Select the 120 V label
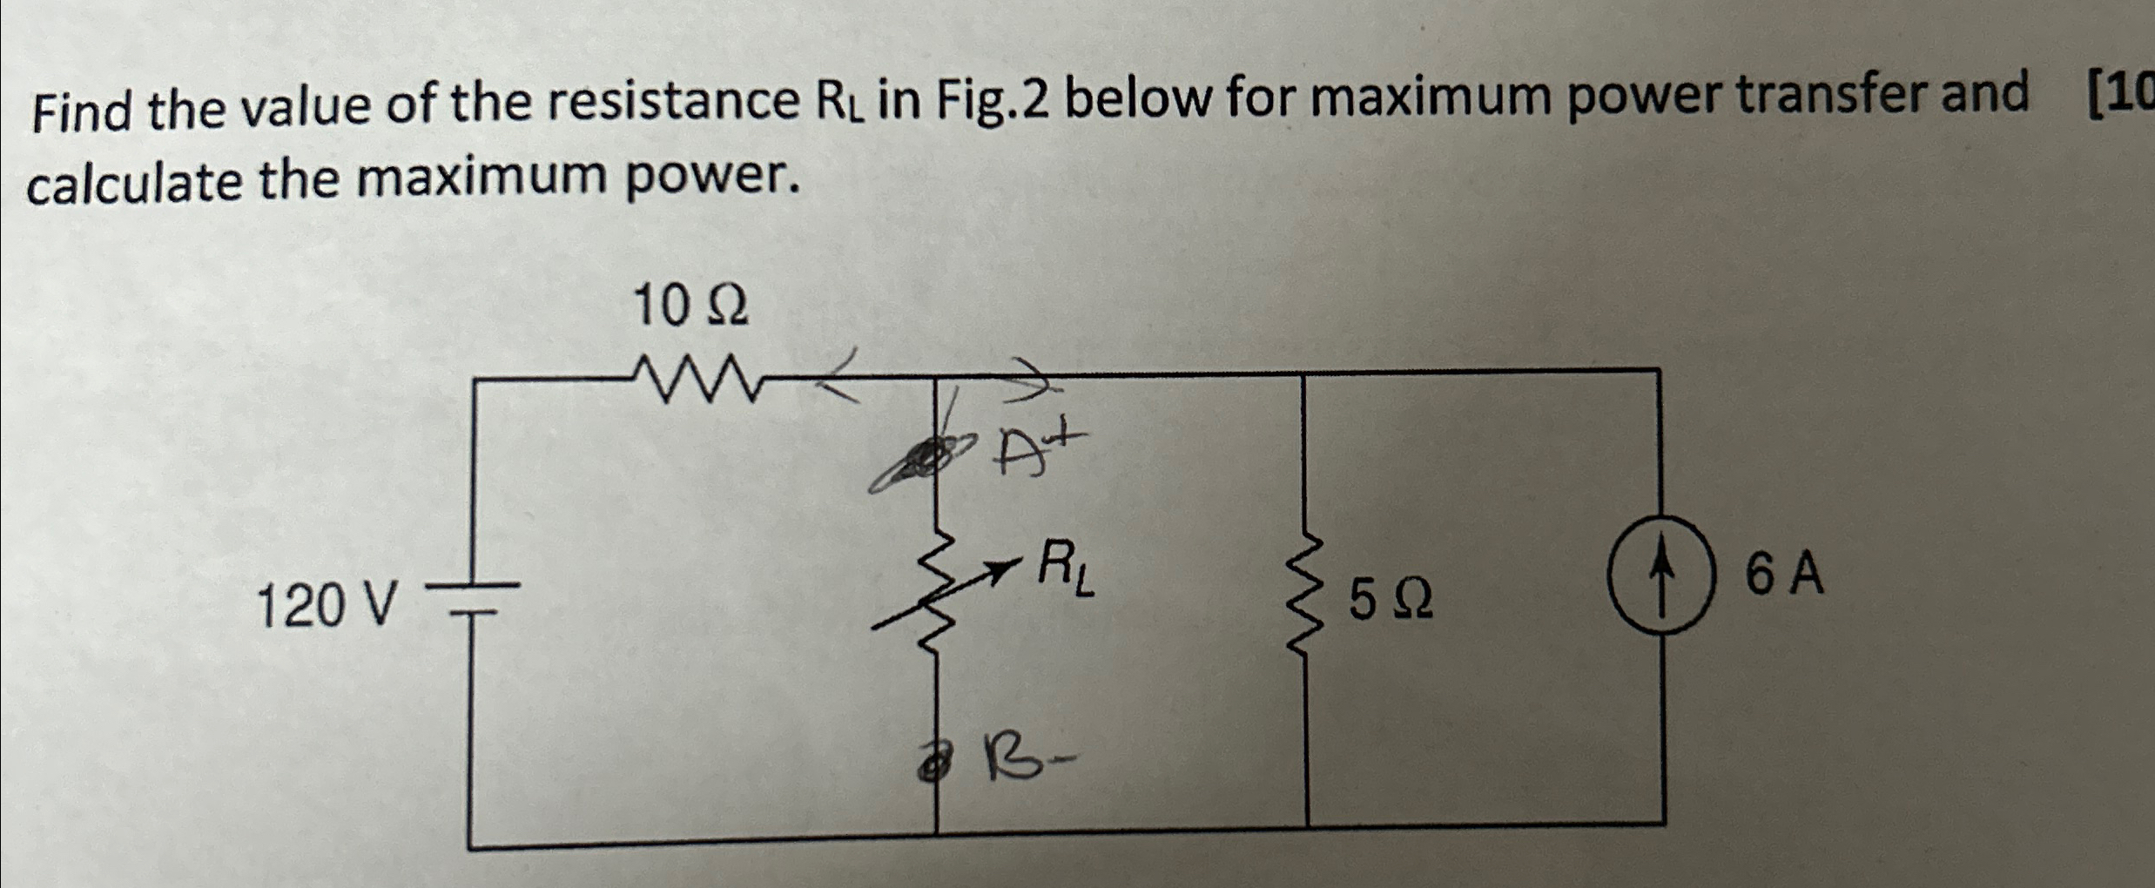(327, 606)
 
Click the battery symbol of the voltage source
(472, 599)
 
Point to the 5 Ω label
(1391, 601)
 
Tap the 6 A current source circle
(1661, 575)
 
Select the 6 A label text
(1784, 575)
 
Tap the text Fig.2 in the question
(992, 101)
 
